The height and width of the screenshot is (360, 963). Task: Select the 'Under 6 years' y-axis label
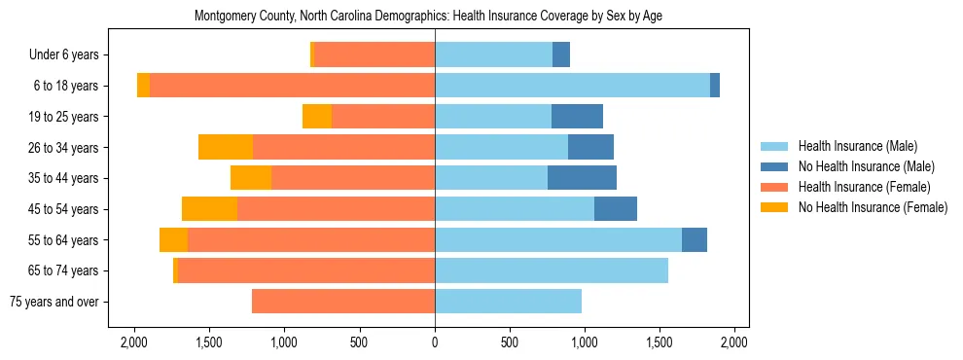(69, 55)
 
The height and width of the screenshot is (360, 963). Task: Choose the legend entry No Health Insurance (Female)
(873, 207)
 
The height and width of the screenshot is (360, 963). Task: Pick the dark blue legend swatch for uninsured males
(775, 166)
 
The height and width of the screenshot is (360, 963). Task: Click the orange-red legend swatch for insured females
(775, 187)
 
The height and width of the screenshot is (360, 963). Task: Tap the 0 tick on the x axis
(435, 342)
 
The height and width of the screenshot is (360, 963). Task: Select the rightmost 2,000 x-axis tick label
(734, 342)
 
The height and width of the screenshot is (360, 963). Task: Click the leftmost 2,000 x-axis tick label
(133, 342)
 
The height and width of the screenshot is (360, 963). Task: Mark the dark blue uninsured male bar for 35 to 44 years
(582, 178)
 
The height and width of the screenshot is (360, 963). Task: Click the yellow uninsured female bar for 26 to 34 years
(226, 147)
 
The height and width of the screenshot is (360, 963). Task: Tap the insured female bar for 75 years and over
(343, 302)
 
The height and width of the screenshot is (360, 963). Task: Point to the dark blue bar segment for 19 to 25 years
(577, 117)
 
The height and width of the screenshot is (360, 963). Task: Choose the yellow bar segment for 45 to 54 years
(209, 209)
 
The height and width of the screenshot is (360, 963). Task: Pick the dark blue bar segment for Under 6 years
(561, 55)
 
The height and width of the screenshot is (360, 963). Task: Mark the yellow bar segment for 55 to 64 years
(173, 240)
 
